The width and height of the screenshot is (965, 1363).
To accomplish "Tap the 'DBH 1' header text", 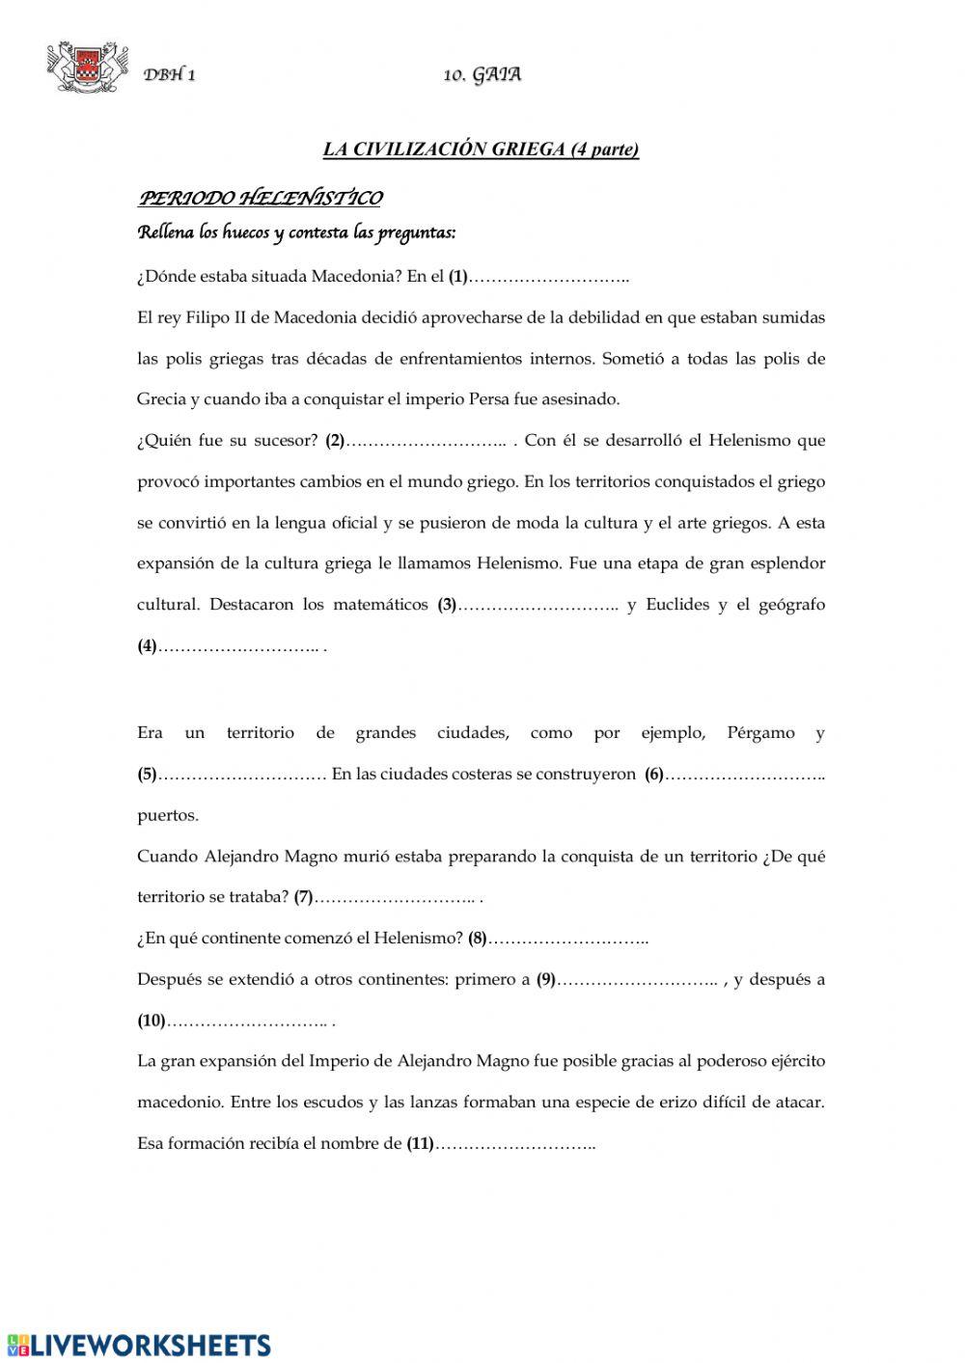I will click(170, 76).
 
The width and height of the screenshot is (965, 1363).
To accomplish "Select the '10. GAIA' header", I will click(482, 75).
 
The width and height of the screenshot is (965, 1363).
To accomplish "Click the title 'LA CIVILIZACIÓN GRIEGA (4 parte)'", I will click(481, 150).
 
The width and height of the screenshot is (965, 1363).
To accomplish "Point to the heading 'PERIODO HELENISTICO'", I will click(261, 199).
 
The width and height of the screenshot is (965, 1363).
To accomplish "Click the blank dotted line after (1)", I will click(548, 278).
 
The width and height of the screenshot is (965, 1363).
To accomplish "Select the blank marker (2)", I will click(335, 441).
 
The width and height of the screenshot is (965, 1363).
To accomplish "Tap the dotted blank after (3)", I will click(538, 606).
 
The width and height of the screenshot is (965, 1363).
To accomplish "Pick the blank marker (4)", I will click(147, 646).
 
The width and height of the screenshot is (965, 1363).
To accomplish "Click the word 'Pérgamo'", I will click(761, 733).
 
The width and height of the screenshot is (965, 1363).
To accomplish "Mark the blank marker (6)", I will click(654, 775).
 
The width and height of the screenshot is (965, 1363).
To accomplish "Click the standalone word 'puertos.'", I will click(168, 815).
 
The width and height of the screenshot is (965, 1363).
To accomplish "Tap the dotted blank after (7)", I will click(396, 898).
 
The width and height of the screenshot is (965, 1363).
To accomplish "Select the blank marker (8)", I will click(478, 939).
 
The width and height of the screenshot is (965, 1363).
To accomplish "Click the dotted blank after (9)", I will click(638, 980).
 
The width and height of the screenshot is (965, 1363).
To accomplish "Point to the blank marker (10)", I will click(152, 1021).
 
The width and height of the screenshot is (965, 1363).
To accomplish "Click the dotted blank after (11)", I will click(515, 1144).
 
